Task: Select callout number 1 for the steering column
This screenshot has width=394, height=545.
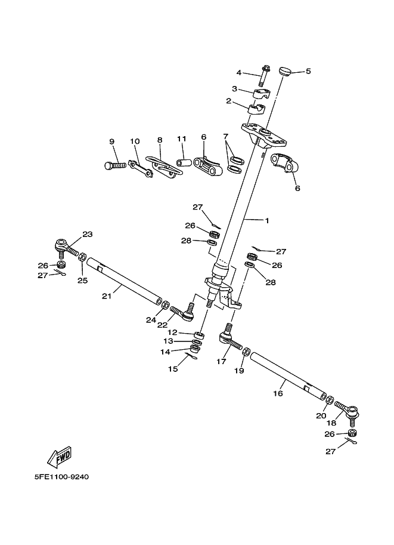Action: [x=267, y=220]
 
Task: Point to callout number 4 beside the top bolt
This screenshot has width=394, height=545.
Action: [x=239, y=73]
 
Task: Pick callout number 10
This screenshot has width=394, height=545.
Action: [x=135, y=141]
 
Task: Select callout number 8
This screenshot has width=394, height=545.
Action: [x=160, y=140]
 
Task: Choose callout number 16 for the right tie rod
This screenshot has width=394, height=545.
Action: [x=278, y=393]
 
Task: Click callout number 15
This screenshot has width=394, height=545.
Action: [x=173, y=369]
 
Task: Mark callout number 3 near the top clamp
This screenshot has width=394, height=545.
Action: [x=235, y=89]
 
